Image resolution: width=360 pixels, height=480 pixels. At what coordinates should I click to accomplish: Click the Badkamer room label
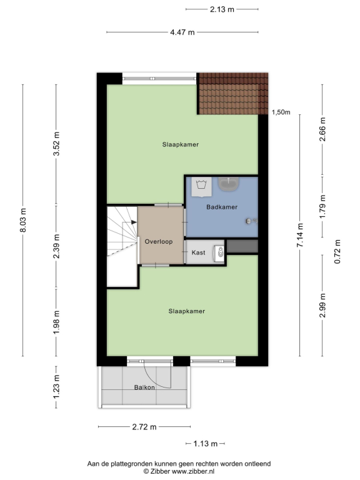pyautogui.click(x=222, y=207)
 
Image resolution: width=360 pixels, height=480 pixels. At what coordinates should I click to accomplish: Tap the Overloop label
pyautogui.click(x=159, y=241)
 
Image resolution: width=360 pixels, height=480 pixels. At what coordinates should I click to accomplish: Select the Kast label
pyautogui.click(x=198, y=252)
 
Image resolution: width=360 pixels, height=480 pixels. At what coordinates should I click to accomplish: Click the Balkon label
pyautogui.click(x=144, y=387)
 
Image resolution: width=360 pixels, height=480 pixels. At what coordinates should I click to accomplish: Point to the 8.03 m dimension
pyautogui.click(x=23, y=220)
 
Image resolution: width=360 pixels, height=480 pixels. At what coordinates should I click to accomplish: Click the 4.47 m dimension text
pyautogui.click(x=182, y=32)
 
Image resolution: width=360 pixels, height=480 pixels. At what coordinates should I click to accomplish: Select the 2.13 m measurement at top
pyautogui.click(x=222, y=9)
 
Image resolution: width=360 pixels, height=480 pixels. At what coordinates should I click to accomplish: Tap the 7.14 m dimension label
pyautogui.click(x=300, y=235)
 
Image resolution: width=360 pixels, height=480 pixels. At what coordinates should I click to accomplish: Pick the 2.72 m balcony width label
pyautogui.click(x=144, y=427)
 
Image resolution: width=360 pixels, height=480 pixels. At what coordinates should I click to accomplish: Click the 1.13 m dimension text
pyautogui.click(x=206, y=444)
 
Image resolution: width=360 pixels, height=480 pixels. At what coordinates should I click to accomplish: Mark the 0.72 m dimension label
pyautogui.click(x=337, y=251)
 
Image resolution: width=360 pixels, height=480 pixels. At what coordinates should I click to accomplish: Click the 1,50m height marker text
pyautogui.click(x=281, y=112)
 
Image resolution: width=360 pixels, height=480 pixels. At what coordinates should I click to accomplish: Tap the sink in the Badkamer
pyautogui.click(x=228, y=184)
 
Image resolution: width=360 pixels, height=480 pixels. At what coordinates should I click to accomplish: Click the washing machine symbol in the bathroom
pyautogui.click(x=201, y=187)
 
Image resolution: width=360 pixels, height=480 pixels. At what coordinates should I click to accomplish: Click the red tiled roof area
pyautogui.click(x=232, y=93)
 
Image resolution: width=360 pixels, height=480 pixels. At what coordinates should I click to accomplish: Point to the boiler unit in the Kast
pyautogui.click(x=219, y=253)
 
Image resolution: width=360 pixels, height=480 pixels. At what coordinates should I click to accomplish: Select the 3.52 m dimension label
pyautogui.click(x=56, y=144)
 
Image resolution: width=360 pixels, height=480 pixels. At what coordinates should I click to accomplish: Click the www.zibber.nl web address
pyautogui.click(x=193, y=471)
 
